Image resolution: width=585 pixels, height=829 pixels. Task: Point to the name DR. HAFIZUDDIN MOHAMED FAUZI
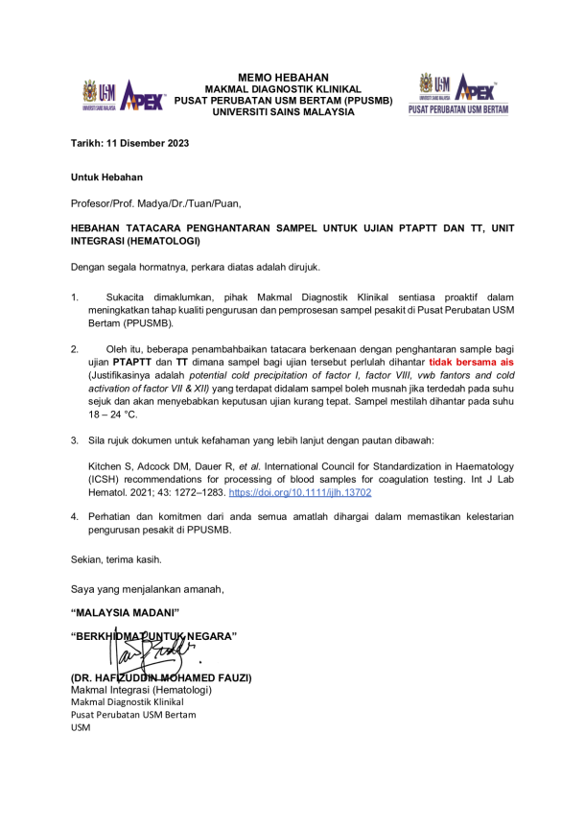pos(161,677)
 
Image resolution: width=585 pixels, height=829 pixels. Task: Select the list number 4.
pos(75,516)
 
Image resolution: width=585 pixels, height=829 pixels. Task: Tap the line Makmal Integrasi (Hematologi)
pos(140,690)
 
